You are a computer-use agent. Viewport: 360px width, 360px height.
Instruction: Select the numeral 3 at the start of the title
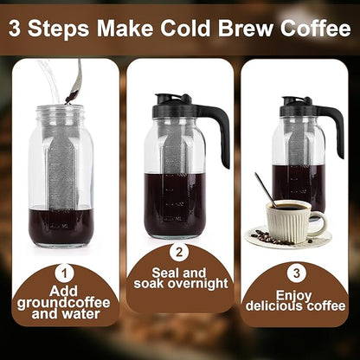coord(16,29)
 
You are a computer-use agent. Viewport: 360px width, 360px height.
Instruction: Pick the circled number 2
coord(179,254)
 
